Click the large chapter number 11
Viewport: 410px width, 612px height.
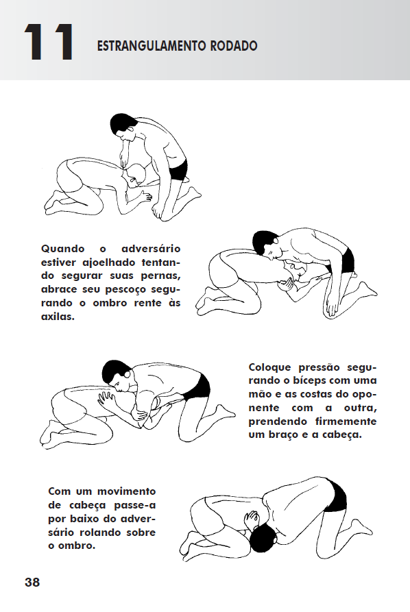[x=49, y=42]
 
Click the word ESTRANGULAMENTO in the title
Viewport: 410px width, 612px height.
[x=152, y=46]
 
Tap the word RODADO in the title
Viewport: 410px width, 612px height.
[x=234, y=46]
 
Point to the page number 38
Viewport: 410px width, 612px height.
[x=32, y=583]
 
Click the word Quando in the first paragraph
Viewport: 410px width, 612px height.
[x=63, y=249]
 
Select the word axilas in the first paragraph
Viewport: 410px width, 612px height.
[x=57, y=317]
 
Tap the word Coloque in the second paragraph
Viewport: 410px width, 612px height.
[x=270, y=367]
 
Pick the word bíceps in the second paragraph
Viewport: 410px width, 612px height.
[x=306, y=381]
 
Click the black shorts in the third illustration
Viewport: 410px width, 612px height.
[x=197, y=387]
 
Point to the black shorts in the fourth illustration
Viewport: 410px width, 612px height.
[x=336, y=495]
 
